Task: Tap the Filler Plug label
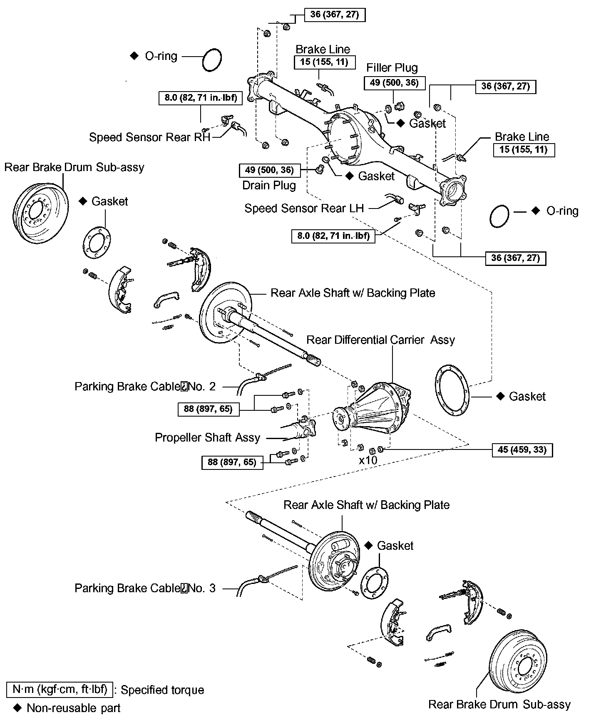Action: (x=392, y=68)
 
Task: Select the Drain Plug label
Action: (x=269, y=185)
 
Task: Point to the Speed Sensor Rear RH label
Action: (x=150, y=137)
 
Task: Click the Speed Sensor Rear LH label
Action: (x=304, y=208)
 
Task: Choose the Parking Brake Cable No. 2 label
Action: (x=145, y=387)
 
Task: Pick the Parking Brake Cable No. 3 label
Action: (x=145, y=588)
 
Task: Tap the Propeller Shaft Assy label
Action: (x=207, y=438)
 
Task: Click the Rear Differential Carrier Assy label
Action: (x=380, y=340)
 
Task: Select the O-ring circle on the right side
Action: (x=499, y=216)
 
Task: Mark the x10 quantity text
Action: (x=368, y=460)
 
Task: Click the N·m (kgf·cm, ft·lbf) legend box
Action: (x=60, y=689)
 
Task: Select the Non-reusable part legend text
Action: (x=73, y=708)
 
